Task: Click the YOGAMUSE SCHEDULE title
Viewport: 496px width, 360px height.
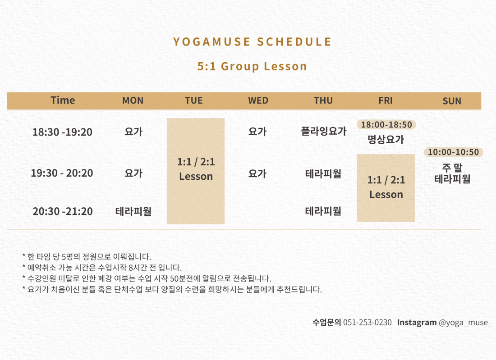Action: pos(252,42)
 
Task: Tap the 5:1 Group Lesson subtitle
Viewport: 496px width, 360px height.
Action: pos(252,66)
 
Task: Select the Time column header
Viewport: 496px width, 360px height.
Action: pos(63,100)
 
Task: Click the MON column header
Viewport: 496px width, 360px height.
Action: pos(133,100)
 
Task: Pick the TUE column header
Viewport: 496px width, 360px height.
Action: pos(193,100)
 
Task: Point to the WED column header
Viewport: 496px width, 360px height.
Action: pos(258,100)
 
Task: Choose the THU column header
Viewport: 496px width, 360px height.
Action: pos(323,100)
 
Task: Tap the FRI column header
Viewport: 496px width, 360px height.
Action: pos(385,100)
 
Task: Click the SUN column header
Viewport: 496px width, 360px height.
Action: pos(452,101)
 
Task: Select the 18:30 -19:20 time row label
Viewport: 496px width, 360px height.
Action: pos(62,132)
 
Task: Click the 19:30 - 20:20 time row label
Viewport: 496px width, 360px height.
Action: pos(62,173)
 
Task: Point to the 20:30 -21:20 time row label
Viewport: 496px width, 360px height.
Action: pos(63,211)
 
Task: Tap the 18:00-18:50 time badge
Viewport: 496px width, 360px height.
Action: pos(386,124)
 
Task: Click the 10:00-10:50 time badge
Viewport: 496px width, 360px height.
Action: pos(453,152)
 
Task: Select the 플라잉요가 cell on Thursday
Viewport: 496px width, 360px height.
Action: pos(324,131)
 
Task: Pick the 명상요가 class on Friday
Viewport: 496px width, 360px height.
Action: pos(386,139)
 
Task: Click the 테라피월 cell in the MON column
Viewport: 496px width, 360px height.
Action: pos(133,211)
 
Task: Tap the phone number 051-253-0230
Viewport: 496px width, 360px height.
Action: pos(367,323)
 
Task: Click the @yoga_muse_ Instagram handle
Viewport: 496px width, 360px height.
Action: pos(465,323)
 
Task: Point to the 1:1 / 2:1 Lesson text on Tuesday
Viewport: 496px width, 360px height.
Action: pos(196,169)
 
